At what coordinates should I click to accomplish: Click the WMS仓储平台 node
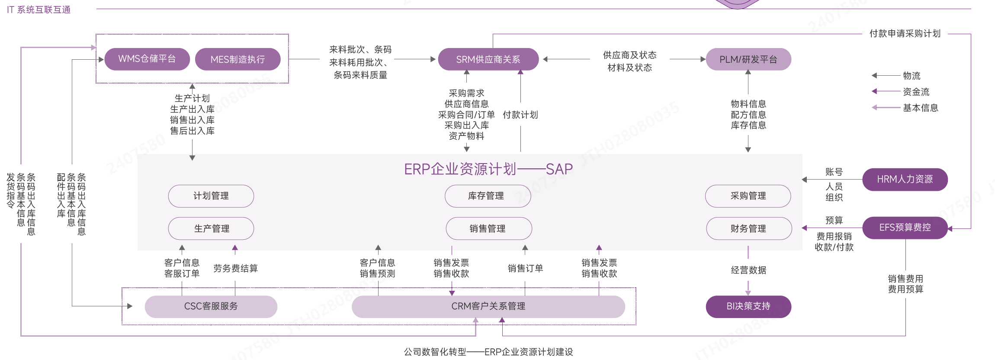coord(147,59)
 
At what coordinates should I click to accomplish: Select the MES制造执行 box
coord(238,59)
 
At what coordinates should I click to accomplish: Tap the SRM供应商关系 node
coord(488,59)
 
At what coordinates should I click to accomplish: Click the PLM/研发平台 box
coord(748,59)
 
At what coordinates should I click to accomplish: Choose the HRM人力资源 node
coord(905,179)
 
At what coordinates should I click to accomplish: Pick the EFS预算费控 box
coord(905,228)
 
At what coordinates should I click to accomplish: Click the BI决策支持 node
coord(748,306)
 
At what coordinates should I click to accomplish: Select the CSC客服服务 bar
coord(211,306)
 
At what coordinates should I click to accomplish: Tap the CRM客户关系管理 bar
coord(488,306)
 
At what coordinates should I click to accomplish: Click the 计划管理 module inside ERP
coord(211,196)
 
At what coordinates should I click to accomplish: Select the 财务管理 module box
coord(748,228)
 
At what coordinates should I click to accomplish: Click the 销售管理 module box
coord(488,228)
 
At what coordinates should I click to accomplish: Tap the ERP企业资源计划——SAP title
coord(488,169)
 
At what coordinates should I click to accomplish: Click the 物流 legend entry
coord(912,76)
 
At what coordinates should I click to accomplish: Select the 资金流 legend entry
coord(916,92)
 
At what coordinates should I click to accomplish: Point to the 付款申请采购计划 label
coord(905,34)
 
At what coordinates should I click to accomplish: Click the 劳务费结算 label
coord(235,268)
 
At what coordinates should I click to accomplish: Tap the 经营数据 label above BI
coord(748,270)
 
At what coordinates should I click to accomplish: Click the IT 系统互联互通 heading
coord(39,10)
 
